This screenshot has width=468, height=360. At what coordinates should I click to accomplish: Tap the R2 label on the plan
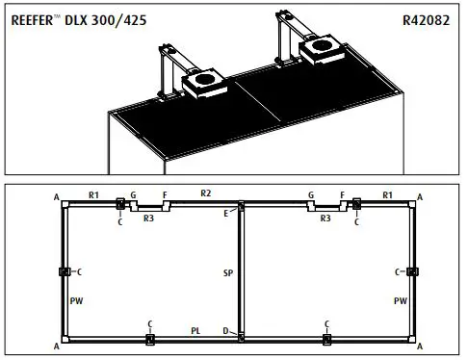point(206,194)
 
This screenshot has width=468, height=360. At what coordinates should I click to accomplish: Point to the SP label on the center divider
point(227,273)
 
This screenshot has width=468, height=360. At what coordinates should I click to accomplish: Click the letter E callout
point(226,213)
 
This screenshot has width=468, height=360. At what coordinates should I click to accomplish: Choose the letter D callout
point(225,331)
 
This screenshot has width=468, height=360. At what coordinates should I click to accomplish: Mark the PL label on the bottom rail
point(195,330)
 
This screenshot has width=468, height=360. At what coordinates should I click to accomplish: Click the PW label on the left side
point(76,301)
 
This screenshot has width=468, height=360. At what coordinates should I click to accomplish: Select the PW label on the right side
point(400,301)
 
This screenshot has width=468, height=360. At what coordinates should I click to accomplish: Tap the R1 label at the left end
point(94,195)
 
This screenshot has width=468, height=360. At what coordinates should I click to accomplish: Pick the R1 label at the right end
point(386,195)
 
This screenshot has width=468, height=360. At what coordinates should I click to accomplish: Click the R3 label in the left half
point(148,219)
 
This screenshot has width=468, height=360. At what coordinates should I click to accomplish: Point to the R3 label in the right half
point(325,219)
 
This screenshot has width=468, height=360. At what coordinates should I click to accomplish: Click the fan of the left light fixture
point(203,86)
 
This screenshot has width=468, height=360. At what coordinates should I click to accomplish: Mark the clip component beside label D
point(240,336)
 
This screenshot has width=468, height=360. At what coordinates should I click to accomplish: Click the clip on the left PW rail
point(63,272)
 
